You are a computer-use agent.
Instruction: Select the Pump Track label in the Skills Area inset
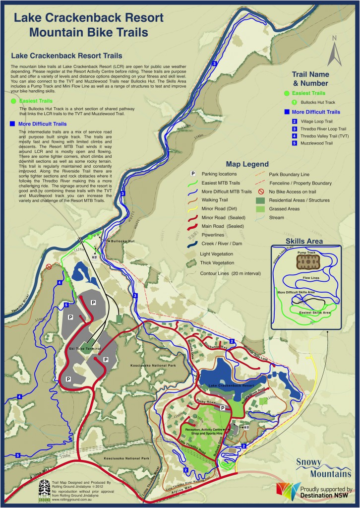(306, 253)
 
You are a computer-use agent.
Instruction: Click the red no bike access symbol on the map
(49, 266)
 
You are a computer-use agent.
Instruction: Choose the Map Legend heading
(247, 164)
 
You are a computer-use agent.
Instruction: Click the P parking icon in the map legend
(193, 174)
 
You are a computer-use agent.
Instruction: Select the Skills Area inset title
(304, 241)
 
